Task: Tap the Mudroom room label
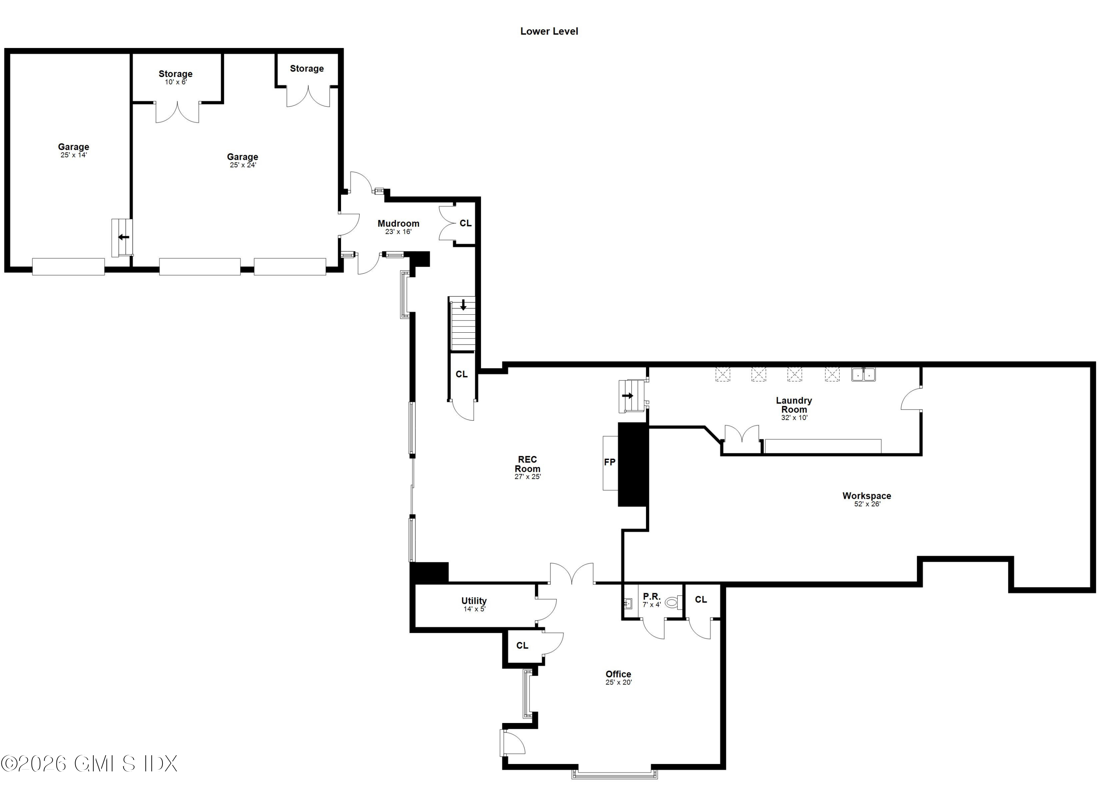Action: tap(398, 223)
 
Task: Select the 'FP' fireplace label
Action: tap(610, 462)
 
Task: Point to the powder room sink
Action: tap(628, 603)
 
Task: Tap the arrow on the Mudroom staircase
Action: tap(463, 305)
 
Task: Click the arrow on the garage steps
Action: tap(124, 237)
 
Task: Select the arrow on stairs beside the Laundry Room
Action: tap(628, 395)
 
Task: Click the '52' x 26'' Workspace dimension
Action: tap(867, 504)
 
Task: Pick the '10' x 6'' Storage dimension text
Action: tap(176, 82)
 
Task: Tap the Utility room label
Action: tap(474, 600)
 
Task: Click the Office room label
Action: tap(619, 674)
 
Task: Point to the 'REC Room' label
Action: tap(528, 464)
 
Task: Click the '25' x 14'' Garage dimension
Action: tap(74, 155)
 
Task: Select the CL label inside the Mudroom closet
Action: tap(466, 223)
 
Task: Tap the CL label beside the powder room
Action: tap(701, 600)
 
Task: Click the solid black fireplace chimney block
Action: tap(633, 464)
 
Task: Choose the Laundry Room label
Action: tap(794, 405)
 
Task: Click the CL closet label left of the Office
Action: tap(522, 645)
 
